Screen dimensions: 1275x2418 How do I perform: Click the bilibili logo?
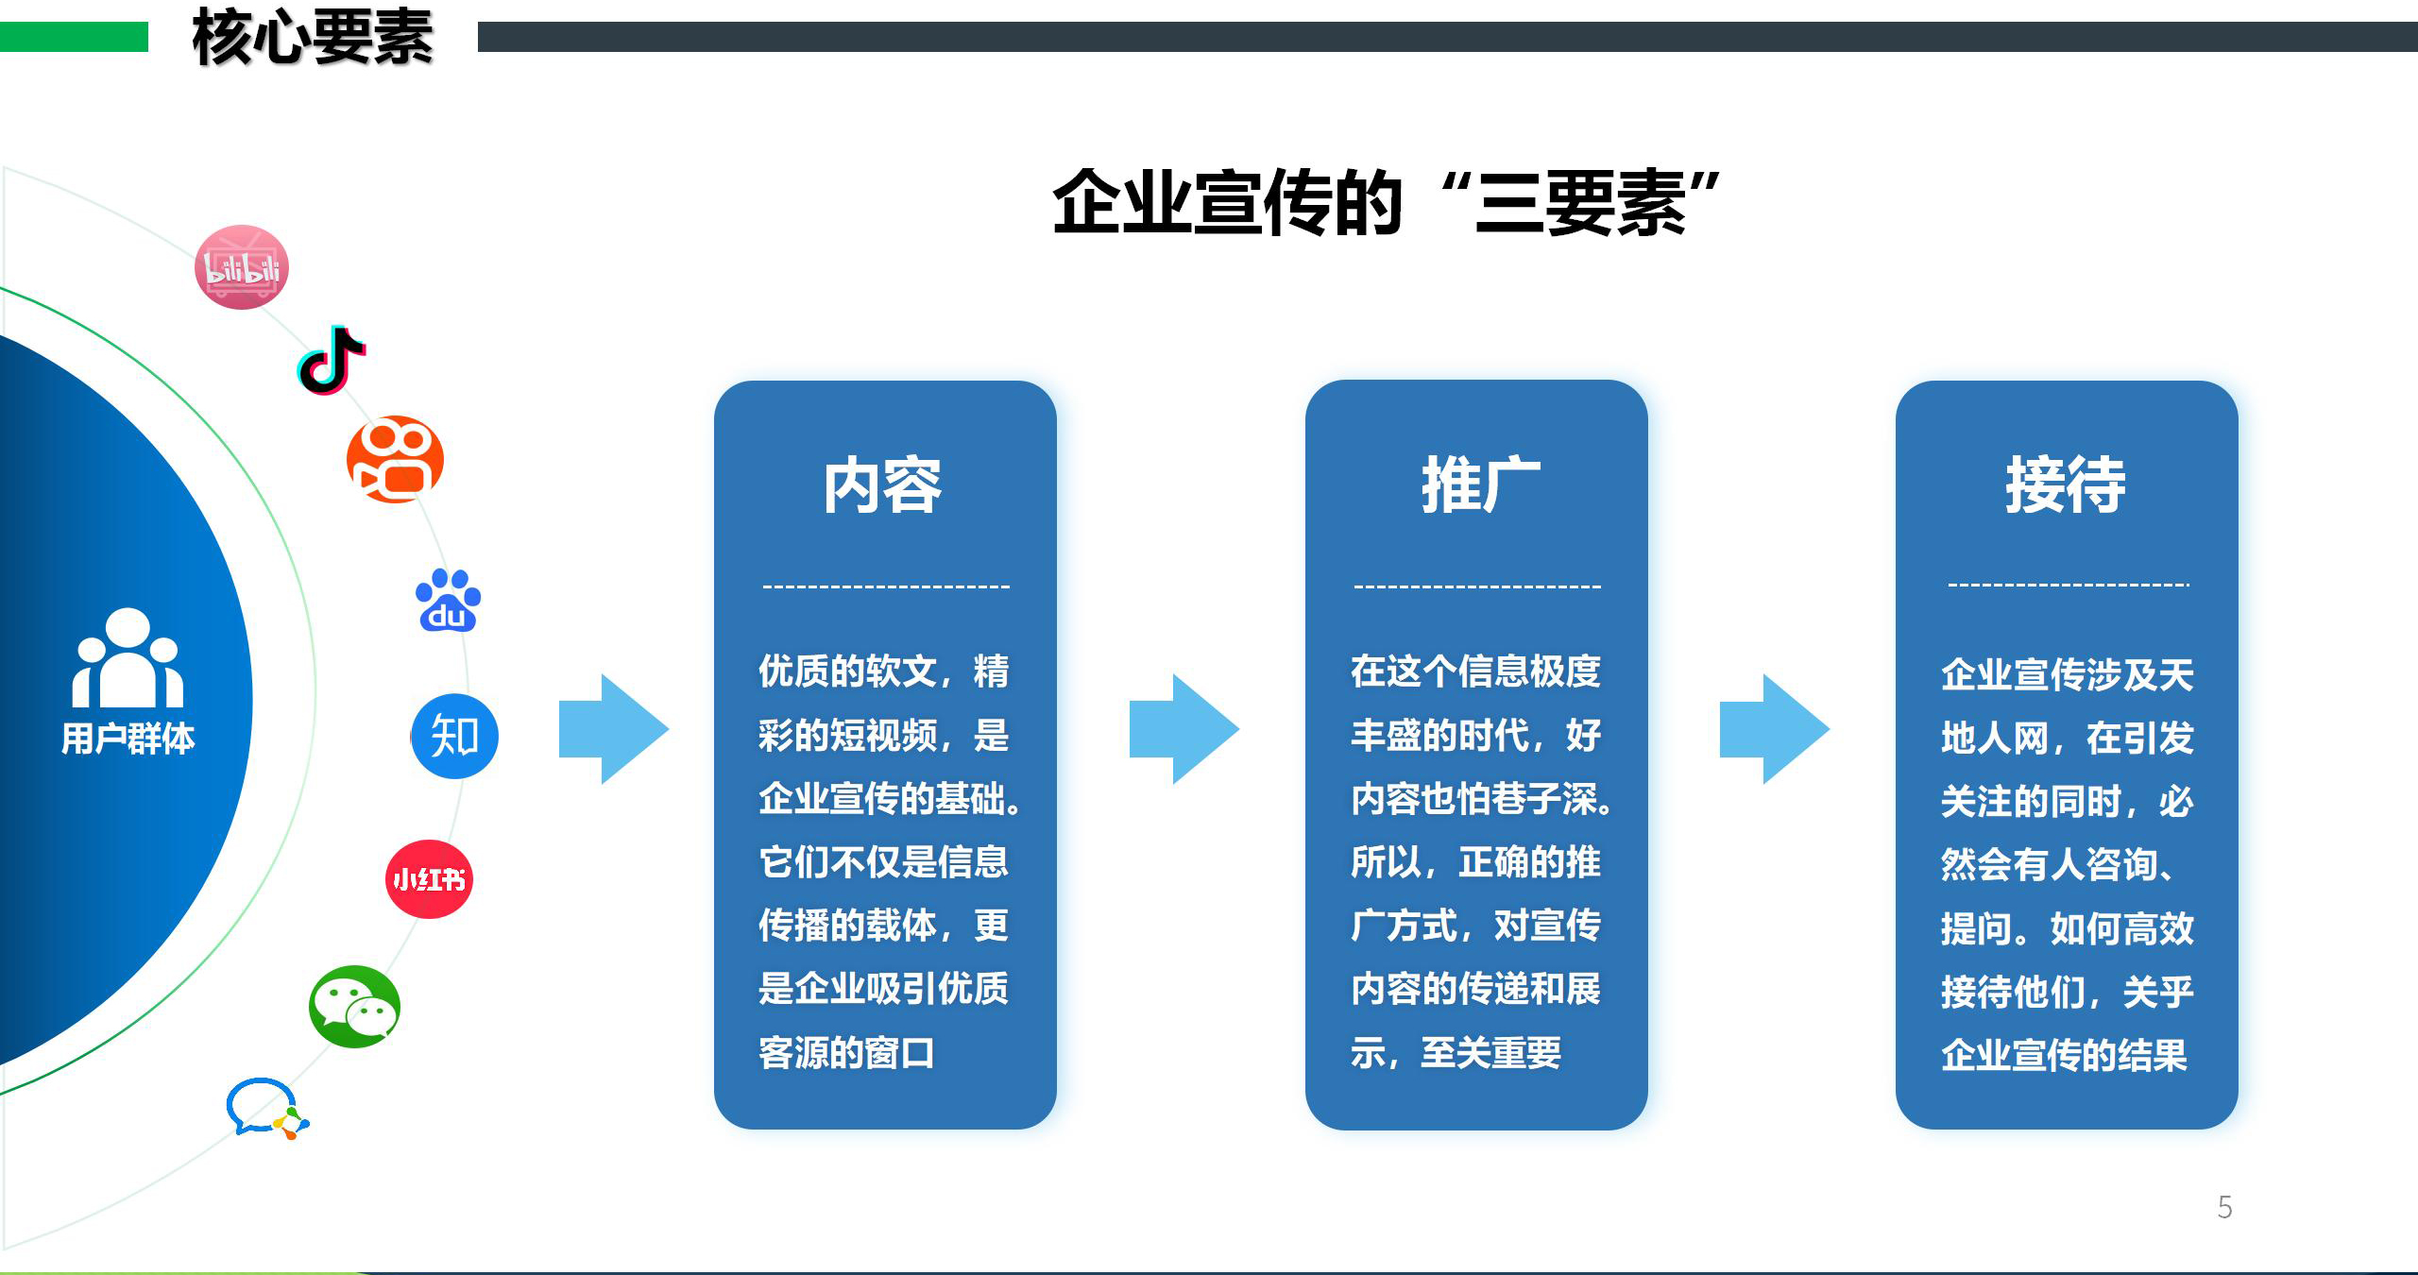242,267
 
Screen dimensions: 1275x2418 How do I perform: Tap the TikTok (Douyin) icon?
332,361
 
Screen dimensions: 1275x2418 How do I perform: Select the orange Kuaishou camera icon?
395,459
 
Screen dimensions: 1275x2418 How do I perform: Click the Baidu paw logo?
449,601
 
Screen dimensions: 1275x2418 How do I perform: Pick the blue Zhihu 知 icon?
454,736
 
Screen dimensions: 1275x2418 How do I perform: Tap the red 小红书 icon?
429,879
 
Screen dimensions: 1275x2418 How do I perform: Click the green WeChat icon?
355,1007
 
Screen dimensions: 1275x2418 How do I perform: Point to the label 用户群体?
128,739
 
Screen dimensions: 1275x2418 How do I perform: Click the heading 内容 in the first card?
882,485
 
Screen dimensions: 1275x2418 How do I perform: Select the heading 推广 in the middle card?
1479,485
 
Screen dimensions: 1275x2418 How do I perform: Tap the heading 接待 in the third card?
2066,485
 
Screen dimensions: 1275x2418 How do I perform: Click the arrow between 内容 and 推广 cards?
1183,729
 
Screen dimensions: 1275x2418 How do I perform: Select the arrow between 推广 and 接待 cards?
1774,729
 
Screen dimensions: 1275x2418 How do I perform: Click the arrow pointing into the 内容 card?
613,729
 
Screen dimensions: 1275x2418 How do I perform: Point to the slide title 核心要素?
313,38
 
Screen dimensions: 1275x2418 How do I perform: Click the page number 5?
2224,1207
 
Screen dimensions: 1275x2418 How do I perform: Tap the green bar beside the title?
74,37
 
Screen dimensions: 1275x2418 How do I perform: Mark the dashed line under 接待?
2068,586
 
